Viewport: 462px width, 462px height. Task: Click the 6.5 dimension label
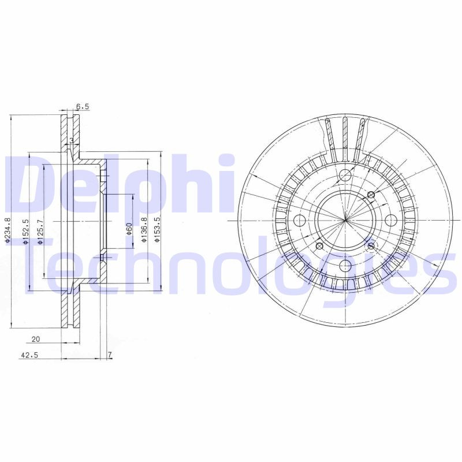(83, 107)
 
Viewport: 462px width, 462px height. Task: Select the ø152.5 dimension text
(25, 232)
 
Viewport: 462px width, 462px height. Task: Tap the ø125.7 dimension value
(39, 232)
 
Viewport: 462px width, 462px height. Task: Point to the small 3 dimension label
(71, 140)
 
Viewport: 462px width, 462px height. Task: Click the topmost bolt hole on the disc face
(345, 176)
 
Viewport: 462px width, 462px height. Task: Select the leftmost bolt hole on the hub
(300, 220)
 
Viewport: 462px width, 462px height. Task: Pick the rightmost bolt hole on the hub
(390, 220)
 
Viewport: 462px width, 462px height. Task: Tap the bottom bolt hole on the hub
(345, 265)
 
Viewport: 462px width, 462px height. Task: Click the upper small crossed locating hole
(371, 195)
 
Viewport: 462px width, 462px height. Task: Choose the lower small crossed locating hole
(371, 246)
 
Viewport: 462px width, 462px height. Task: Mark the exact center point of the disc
(345, 220)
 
